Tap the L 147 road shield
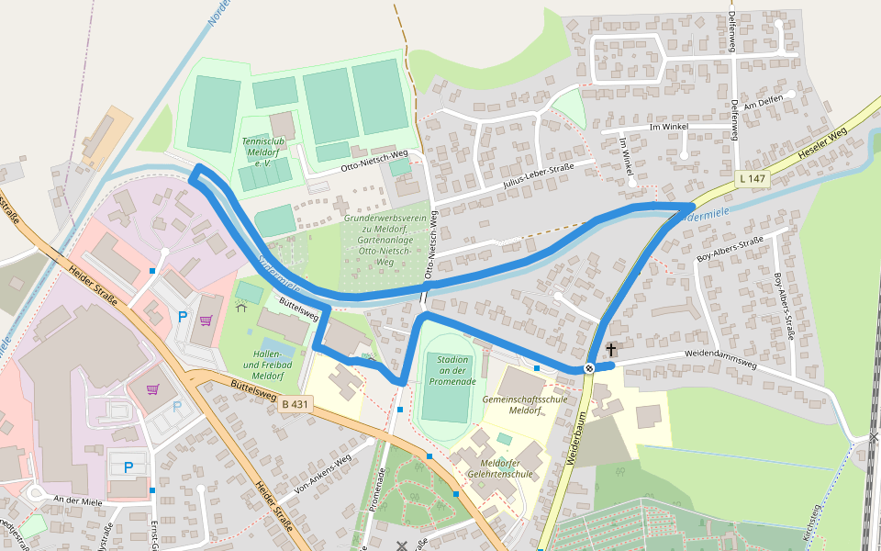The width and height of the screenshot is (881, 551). pyautogui.click(x=751, y=178)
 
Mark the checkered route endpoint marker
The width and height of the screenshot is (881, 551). pyautogui.click(x=589, y=368)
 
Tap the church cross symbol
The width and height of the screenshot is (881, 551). pyautogui.click(x=611, y=350)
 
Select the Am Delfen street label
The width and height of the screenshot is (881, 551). pyautogui.click(x=764, y=104)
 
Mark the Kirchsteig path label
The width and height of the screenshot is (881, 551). pyautogui.click(x=810, y=522)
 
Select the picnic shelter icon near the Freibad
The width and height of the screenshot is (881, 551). pyautogui.click(x=241, y=307)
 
